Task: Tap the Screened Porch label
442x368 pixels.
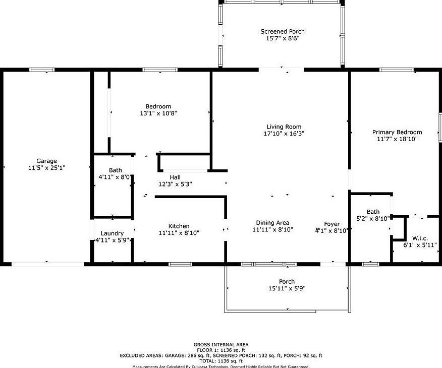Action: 283,31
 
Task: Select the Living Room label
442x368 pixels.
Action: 284,127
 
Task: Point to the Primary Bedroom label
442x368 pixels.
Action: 397,133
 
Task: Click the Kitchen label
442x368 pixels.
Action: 179,226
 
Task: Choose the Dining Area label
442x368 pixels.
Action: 272,223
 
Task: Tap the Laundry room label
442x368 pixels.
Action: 112,233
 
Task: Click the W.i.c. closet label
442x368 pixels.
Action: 420,238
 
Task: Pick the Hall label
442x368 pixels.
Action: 175,177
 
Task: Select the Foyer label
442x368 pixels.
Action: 332,224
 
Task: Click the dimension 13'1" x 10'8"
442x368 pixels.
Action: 158,113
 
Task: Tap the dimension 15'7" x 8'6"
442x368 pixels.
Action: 283,38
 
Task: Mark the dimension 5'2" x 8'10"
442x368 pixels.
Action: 373,219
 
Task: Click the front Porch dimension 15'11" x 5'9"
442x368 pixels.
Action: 287,289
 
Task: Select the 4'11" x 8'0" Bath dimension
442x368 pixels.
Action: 114,177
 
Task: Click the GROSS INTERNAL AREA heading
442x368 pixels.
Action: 220,345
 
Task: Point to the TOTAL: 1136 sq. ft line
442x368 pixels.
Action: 220,361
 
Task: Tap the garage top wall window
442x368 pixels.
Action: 41,70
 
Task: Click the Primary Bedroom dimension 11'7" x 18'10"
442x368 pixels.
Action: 397,140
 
